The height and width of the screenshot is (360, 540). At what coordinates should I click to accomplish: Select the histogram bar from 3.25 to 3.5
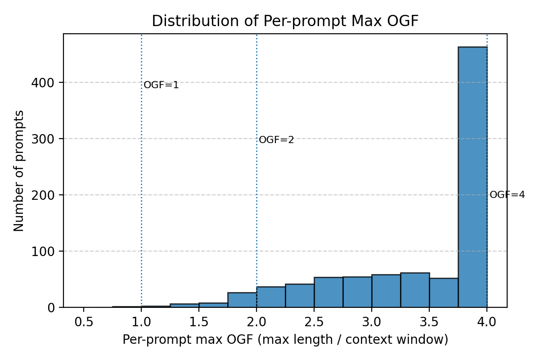415,290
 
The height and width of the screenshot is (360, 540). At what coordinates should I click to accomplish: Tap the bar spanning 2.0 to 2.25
271,297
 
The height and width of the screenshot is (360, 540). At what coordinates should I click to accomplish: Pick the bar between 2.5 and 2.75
328,292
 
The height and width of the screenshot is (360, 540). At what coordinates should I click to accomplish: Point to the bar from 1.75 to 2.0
242,300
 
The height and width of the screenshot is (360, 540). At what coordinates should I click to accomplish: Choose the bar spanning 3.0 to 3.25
386,291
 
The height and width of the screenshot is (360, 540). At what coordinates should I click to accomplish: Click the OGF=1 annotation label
161,85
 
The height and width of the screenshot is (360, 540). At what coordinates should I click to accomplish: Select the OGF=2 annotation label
276,140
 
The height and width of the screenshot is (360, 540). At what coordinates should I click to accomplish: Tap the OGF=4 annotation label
507,195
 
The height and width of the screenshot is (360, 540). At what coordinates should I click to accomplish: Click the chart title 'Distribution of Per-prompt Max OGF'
285,21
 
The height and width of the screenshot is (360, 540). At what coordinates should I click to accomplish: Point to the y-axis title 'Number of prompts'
19,171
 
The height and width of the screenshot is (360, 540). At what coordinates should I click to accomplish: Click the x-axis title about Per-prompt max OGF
285,340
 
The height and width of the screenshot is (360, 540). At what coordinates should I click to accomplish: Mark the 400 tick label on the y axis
43,83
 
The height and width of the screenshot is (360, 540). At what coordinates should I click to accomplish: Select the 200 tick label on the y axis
43,195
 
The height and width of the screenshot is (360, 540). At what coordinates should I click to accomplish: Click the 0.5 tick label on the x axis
84,322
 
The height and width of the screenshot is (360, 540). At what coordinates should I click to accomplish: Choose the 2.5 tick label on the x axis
314,322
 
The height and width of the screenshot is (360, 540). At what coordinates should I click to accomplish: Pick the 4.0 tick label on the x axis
487,322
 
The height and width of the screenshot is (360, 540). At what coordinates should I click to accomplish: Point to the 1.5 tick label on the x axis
199,322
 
